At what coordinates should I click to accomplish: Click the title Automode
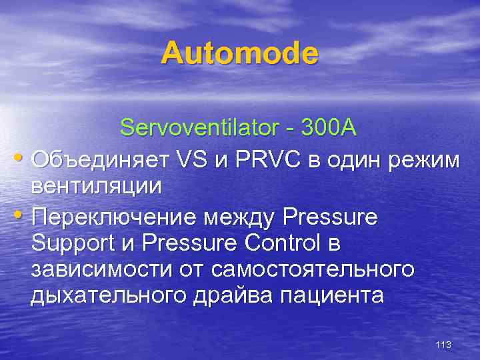240,53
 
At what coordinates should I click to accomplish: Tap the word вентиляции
96,186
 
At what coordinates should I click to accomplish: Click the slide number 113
443,345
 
